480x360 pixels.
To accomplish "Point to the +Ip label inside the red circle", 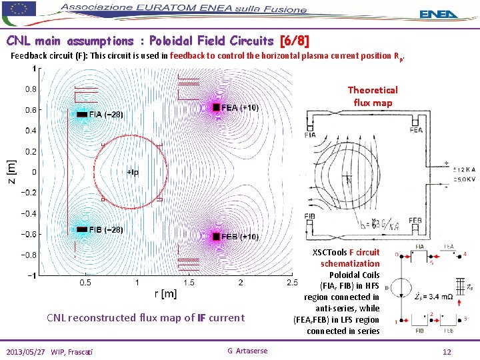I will coord(133,172).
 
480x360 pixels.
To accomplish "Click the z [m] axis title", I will coord(11,173).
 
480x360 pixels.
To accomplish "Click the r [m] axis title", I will coord(165,293).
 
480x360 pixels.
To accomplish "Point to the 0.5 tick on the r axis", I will coord(86,283).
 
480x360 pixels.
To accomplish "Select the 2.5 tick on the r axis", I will coord(292,283).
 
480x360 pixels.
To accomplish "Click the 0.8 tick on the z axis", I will coord(31,89).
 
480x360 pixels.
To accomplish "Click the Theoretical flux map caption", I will coord(373,96).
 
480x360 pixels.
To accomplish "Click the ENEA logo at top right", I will coord(439,13).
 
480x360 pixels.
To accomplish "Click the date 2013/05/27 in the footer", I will coord(29,351).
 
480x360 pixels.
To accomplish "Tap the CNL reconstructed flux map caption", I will coord(145,318).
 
